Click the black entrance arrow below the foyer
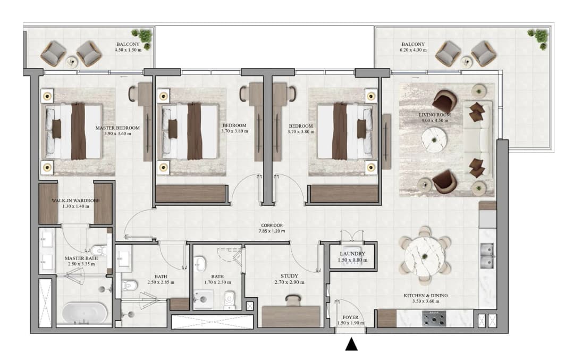tap(351, 344)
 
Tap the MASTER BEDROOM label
tap(117, 128)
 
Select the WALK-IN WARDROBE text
tap(75, 200)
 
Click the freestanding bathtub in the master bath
tap(85, 314)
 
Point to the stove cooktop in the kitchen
tap(435, 318)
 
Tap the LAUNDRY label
tap(352, 254)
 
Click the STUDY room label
tap(289, 276)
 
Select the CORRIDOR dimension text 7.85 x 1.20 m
tap(272, 231)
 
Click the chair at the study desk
tap(293, 300)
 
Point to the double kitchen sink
tap(487, 255)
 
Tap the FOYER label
tap(350, 317)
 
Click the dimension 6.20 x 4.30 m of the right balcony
tap(413, 50)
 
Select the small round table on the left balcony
tap(72, 62)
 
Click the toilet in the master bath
tap(98, 251)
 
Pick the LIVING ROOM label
tap(435, 115)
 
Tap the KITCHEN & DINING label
tap(426, 296)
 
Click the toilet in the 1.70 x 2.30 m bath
tap(230, 299)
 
